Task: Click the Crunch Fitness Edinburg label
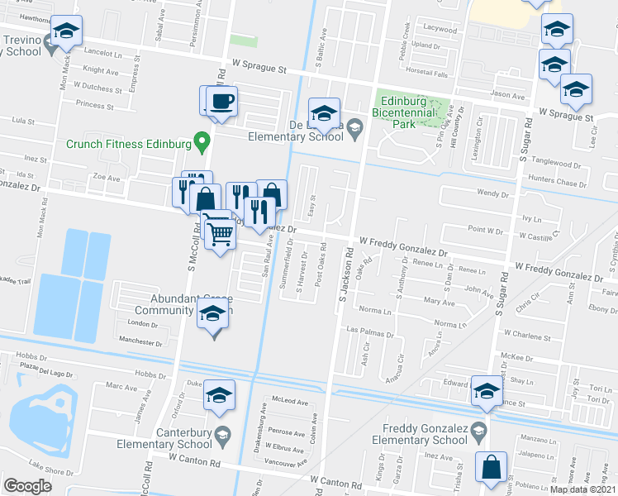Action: point(127,143)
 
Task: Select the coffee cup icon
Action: point(222,102)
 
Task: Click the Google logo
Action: point(27,486)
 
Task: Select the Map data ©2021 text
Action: point(586,489)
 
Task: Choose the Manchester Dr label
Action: point(140,341)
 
